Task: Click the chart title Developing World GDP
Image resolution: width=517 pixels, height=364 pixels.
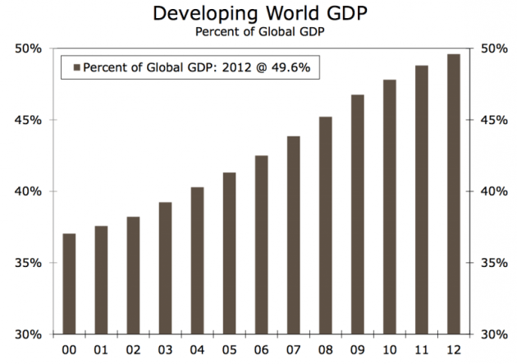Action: point(258,14)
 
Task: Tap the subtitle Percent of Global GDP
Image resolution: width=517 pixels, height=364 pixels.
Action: point(258,32)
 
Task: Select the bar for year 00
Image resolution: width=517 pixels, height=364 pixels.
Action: point(69,283)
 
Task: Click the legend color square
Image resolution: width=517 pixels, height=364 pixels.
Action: point(78,67)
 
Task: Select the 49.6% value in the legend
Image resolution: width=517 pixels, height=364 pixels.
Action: point(292,67)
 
